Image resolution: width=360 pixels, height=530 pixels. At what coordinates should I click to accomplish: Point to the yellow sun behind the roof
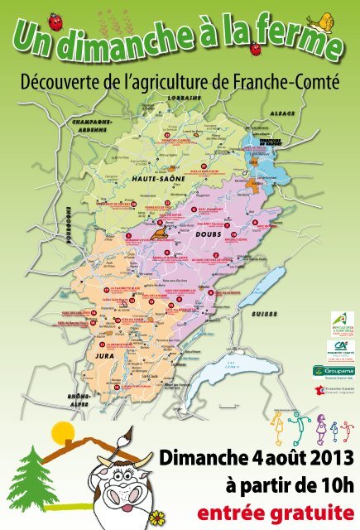61,432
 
